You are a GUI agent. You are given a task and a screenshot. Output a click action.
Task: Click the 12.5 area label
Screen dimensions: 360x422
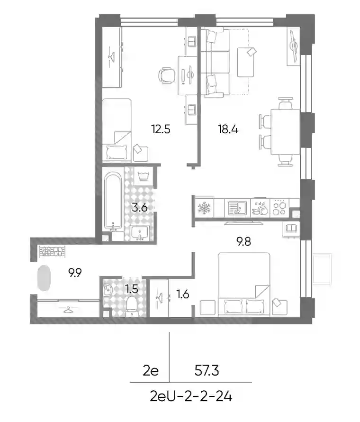161,129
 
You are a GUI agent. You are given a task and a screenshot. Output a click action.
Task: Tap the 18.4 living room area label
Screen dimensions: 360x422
228,129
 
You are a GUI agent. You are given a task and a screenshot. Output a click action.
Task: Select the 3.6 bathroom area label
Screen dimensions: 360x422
140,208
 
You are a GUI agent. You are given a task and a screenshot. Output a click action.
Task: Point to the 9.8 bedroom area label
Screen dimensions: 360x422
243,241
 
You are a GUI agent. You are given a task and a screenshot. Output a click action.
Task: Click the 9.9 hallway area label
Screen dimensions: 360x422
75,273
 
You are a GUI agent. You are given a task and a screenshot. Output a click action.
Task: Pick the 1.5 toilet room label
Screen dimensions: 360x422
132,289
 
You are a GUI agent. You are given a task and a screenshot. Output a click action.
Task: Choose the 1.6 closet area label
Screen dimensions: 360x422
183,294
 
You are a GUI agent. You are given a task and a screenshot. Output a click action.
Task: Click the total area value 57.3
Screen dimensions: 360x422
207,371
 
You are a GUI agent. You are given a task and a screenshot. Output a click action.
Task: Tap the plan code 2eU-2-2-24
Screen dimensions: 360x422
191,396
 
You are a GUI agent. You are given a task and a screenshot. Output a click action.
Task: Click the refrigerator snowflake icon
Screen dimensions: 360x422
204,208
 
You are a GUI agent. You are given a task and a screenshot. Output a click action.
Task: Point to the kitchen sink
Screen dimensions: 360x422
237,208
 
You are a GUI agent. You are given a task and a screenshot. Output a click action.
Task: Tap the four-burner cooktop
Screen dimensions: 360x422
279,208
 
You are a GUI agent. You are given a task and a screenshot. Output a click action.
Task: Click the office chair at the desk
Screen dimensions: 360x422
166,75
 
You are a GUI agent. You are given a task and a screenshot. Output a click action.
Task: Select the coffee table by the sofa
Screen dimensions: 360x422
246,62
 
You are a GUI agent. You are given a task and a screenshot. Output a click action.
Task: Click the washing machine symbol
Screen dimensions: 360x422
144,176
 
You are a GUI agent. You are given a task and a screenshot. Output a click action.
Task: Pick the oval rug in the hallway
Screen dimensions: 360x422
44,278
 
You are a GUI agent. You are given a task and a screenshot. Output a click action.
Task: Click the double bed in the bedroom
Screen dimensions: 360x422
244,284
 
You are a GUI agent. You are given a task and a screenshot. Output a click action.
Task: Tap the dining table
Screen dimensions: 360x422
285,132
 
